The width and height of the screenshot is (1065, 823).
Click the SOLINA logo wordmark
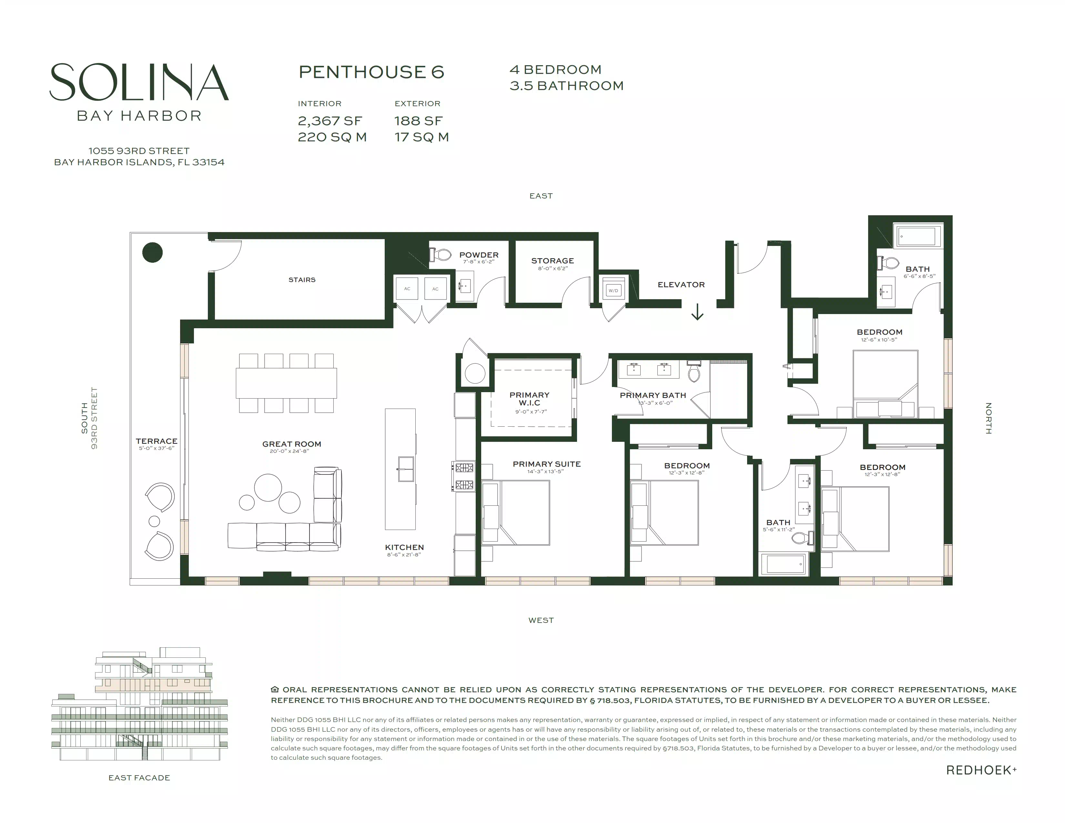(139, 82)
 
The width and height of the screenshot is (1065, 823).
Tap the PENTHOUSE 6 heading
(371, 72)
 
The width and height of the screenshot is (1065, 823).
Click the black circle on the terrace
(152, 253)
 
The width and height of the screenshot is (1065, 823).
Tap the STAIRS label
(302, 280)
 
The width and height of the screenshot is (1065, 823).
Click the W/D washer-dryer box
(613, 290)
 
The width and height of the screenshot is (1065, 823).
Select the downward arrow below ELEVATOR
(697, 312)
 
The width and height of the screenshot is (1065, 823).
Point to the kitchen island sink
(406, 469)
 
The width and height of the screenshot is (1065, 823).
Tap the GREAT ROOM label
(292, 444)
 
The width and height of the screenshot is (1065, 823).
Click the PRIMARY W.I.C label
(530, 399)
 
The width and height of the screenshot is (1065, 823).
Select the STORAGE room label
(553, 261)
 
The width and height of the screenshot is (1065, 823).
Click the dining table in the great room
(286, 383)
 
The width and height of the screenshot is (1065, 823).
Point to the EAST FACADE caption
(139, 778)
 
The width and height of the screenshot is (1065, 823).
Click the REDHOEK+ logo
(981, 770)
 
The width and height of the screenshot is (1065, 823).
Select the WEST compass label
(541, 620)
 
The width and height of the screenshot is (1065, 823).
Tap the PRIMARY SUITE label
(547, 464)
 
